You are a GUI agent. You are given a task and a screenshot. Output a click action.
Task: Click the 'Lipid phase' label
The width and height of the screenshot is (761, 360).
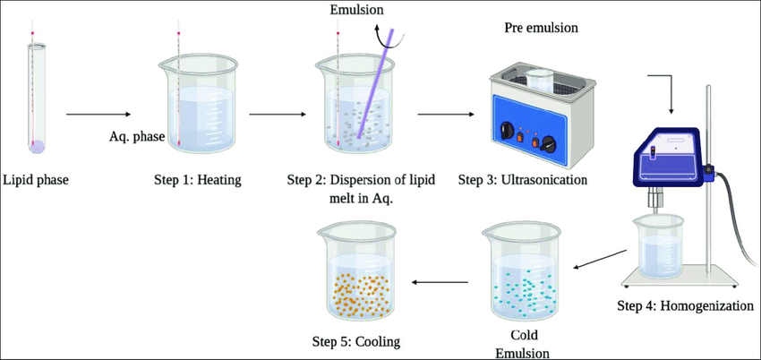(x=36, y=180)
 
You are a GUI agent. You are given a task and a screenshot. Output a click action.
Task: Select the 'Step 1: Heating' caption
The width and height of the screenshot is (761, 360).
(x=198, y=180)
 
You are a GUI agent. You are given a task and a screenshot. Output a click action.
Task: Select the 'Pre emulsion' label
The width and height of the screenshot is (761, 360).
(x=542, y=28)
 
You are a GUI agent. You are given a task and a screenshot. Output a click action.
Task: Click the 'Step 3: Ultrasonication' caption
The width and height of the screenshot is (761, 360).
(x=523, y=180)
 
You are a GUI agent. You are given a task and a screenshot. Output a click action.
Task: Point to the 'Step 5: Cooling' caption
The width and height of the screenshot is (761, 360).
(x=356, y=341)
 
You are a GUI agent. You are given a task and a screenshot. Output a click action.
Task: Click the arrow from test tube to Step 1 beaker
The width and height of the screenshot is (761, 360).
(x=98, y=115)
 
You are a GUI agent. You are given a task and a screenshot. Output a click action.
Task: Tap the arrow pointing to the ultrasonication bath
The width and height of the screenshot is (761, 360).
(x=445, y=115)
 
